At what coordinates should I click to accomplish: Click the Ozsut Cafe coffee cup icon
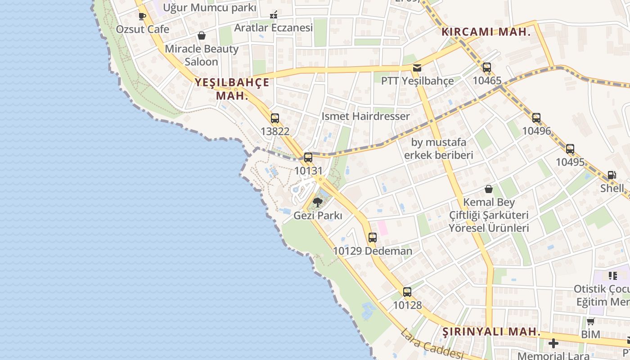tap(142, 17)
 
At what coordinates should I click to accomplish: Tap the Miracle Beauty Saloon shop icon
tap(202, 36)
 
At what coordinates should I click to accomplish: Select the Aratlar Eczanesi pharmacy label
tap(273, 28)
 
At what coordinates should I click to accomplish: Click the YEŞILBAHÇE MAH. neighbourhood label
tap(232, 89)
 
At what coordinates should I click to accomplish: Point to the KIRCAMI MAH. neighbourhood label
tap(486, 32)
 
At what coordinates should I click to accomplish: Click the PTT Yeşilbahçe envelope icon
tap(417, 68)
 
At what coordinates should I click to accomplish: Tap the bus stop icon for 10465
tap(487, 68)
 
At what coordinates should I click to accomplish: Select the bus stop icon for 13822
tap(275, 118)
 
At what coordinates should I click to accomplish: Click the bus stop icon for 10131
tap(308, 157)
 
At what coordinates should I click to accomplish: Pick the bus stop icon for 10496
tap(536, 118)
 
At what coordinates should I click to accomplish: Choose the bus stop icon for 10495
tap(570, 149)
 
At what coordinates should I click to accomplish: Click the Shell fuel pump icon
tap(612, 175)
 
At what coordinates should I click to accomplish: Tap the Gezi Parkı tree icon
tap(318, 202)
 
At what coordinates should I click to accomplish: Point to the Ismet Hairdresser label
tap(365, 116)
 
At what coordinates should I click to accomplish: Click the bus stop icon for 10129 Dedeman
tap(372, 238)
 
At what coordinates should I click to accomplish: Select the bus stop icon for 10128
tap(407, 292)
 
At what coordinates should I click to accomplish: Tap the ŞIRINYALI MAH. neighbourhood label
tap(491, 332)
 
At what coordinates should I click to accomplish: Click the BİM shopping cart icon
tap(590, 321)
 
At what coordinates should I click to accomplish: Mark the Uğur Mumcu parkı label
tap(209, 8)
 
